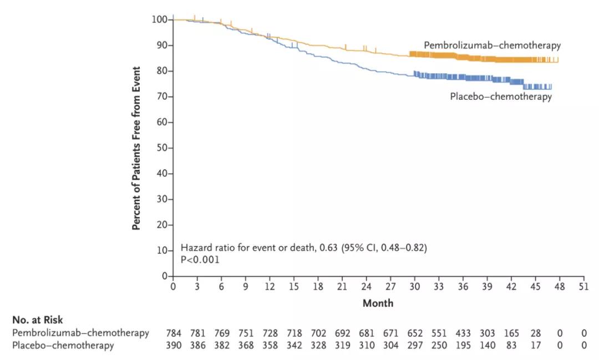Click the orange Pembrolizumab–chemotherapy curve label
492,45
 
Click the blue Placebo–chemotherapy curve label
500,97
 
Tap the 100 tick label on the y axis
159,19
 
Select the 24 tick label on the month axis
366,287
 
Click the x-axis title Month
378,303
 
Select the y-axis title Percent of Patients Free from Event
136,148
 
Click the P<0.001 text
200,259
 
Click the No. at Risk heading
37,320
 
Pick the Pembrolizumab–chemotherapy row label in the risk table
80,333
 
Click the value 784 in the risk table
173,333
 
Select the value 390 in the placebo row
173,346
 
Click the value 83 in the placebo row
512,346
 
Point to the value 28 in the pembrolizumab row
536,333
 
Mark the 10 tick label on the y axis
161,251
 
